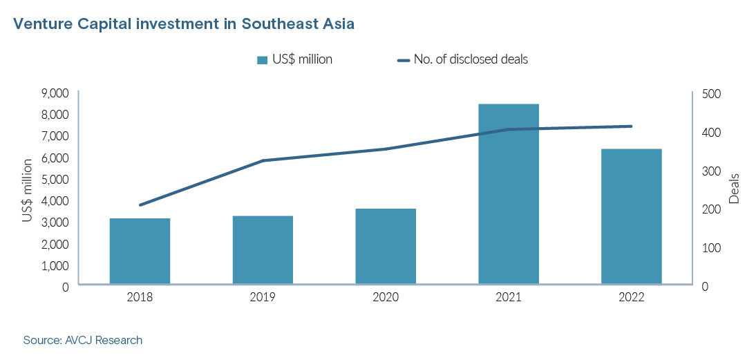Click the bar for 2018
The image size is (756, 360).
[140, 251]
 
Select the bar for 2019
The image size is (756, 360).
[263, 249]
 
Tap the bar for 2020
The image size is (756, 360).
[386, 246]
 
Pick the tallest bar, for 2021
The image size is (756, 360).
[509, 193]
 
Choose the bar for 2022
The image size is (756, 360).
[632, 216]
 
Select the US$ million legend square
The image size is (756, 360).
[262, 60]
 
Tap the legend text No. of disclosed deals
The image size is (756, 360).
[471, 59]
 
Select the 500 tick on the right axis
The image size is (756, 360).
[711, 93]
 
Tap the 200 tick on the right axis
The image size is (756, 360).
[711, 209]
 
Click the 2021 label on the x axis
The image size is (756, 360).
[509, 297]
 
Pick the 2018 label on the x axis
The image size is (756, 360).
[140, 297]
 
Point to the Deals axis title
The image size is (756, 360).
[734, 189]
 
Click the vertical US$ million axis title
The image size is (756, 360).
[27, 190]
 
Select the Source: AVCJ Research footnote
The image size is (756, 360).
[82, 340]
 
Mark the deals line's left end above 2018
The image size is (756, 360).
[140, 205]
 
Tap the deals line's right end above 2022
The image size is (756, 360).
[632, 126]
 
